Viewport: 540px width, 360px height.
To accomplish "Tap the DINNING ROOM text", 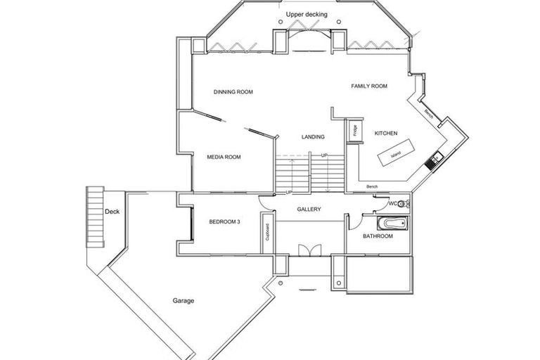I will (x=233, y=92).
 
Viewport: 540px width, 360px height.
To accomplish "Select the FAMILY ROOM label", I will (x=369, y=86).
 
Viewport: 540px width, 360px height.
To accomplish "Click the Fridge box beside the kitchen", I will (x=351, y=131).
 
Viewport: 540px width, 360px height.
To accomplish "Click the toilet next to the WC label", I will (x=402, y=205).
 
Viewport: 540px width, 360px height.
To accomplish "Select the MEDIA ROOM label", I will (x=223, y=157).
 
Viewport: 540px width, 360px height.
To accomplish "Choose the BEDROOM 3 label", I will (x=224, y=221).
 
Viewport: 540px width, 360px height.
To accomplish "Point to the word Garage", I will (x=184, y=301).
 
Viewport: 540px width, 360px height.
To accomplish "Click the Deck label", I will (x=112, y=211).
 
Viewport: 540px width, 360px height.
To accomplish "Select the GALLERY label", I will (x=309, y=210).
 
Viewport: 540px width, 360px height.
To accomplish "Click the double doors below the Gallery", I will (x=309, y=251).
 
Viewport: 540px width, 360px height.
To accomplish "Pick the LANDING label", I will (x=312, y=136).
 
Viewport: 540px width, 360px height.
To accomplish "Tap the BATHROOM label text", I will (x=378, y=236).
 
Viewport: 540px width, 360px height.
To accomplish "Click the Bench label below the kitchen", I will (x=373, y=186).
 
